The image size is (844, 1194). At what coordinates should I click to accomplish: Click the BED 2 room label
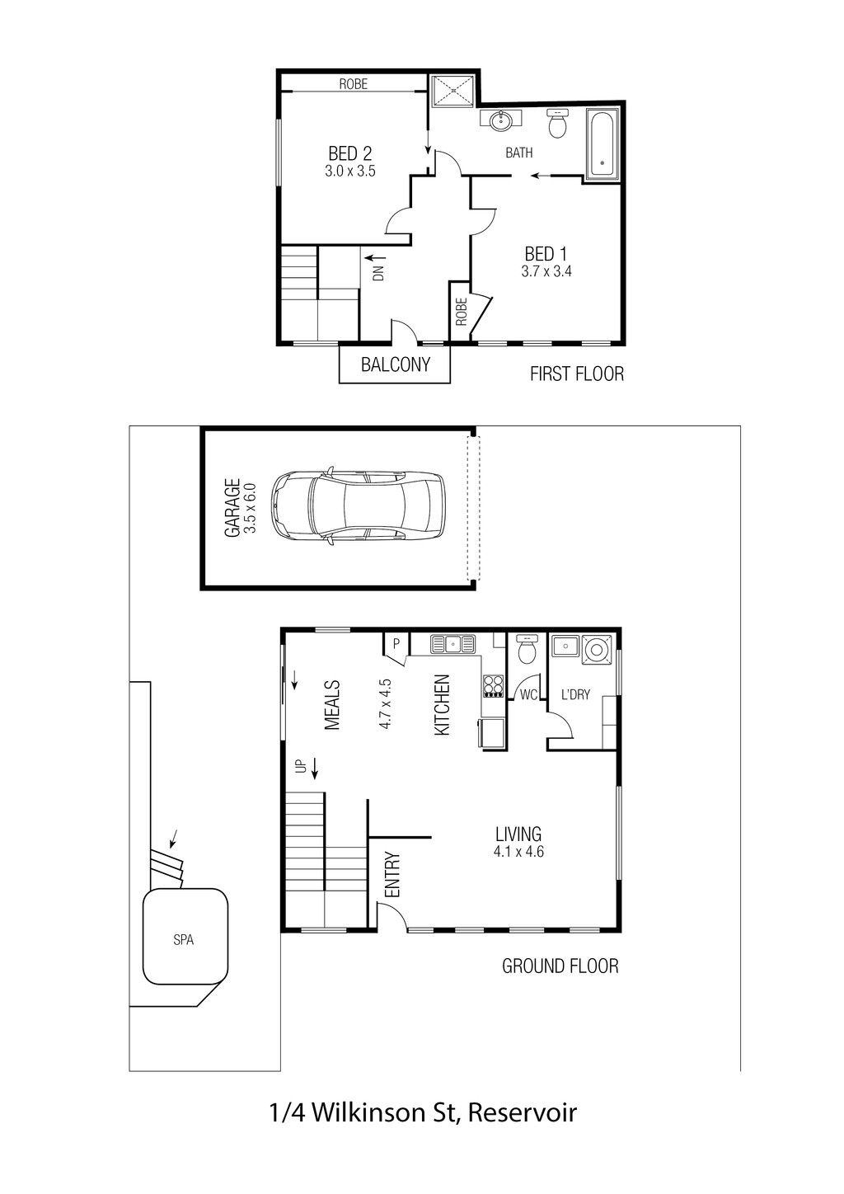tap(349, 153)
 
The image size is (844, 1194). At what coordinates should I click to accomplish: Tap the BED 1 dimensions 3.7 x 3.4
tap(546, 271)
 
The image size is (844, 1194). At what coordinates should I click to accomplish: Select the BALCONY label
tap(396, 364)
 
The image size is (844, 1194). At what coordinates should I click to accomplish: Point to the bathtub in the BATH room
tap(603, 145)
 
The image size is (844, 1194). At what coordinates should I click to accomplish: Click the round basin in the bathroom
tap(501, 120)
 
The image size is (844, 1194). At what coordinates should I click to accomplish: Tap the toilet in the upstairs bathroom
tap(558, 124)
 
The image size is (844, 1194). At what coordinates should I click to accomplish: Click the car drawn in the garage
tap(357, 505)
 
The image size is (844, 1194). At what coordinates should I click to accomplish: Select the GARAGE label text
tap(232, 508)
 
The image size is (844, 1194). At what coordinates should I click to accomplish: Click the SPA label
tap(183, 940)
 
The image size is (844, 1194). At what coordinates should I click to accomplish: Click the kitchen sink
tap(452, 644)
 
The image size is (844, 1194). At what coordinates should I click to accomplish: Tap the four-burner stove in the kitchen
tap(492, 686)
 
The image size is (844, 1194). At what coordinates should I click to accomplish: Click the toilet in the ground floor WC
tap(527, 649)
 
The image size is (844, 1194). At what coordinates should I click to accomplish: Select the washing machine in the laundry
tap(594, 650)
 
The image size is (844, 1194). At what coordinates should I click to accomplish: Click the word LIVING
tap(518, 834)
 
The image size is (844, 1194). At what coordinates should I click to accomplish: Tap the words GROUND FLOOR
tap(560, 966)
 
